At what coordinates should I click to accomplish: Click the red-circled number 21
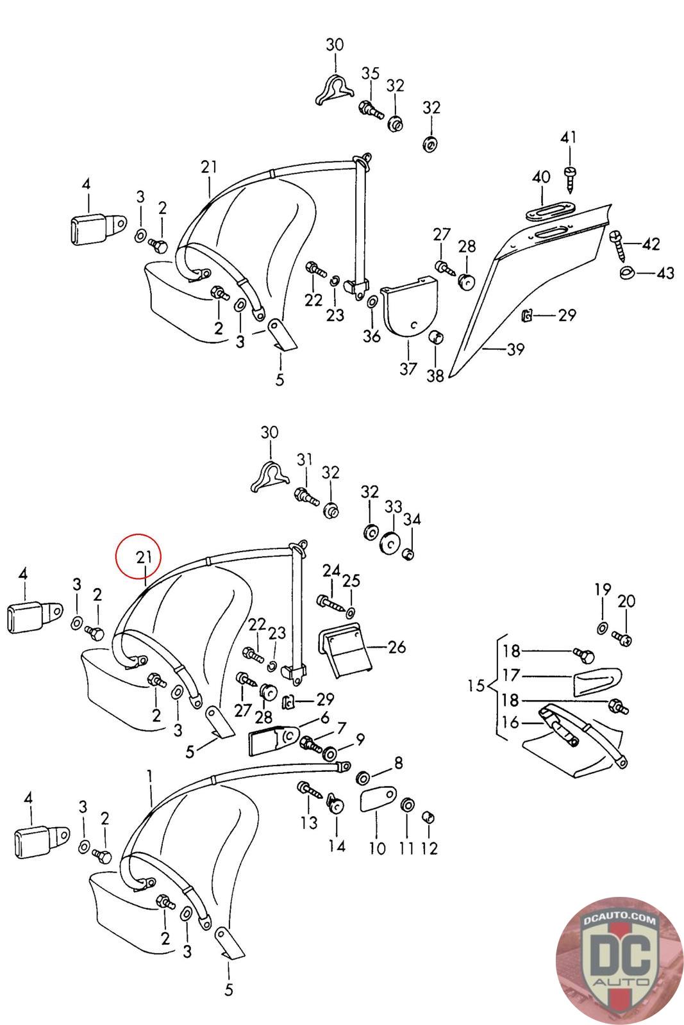coord(144,557)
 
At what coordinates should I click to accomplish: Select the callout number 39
coord(515,349)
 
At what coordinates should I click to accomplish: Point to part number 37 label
coord(408,369)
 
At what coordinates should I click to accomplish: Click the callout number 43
coord(665,274)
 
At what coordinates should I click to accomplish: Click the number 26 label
coord(397,647)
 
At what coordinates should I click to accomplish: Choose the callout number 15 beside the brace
coord(476,686)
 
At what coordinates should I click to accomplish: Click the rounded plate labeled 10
coord(376,800)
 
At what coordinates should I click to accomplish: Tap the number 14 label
coord(337,846)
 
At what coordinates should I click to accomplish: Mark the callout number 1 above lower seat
coord(149,778)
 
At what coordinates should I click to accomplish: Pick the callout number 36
coord(372,336)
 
